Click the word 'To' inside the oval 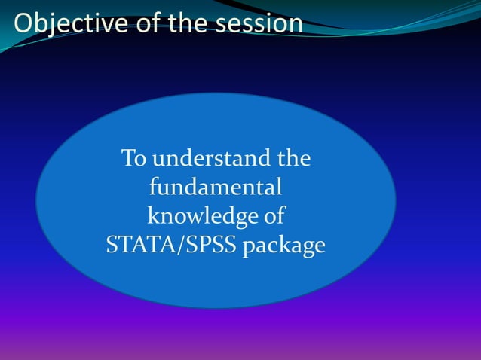[x=134, y=159]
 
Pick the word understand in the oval [x=212, y=159]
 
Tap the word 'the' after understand [x=294, y=159]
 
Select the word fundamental [x=216, y=188]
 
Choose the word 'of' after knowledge [x=272, y=216]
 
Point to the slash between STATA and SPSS [x=174, y=246]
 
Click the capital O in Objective [x=23, y=23]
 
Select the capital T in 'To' [x=129, y=159]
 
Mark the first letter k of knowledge [x=152, y=216]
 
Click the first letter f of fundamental [x=154, y=187]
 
